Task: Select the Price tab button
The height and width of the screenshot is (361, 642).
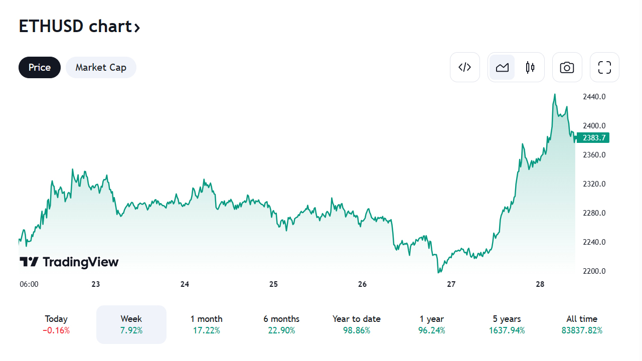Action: [x=40, y=67]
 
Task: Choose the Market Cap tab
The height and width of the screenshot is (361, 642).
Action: [x=101, y=67]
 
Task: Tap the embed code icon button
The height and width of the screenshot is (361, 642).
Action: [x=465, y=67]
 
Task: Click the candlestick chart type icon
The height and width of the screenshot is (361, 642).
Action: [x=530, y=67]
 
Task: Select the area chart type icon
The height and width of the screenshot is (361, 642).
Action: [x=502, y=67]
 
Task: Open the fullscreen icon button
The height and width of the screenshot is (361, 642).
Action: [x=604, y=67]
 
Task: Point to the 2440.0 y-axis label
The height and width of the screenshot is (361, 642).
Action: [x=594, y=96]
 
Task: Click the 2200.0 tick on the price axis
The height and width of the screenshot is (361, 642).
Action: [x=594, y=271]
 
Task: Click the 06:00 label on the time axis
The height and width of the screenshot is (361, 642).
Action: [x=29, y=284]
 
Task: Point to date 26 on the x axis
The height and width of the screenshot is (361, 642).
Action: [x=362, y=284]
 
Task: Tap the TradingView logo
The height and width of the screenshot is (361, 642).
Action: [x=69, y=262]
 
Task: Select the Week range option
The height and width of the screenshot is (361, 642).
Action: [x=131, y=324]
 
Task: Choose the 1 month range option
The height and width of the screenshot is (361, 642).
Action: [x=206, y=324]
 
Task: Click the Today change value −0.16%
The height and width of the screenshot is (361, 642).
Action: [x=56, y=330]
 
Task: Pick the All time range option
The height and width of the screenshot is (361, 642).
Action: [x=582, y=324]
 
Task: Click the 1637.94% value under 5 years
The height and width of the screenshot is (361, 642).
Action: [x=507, y=330]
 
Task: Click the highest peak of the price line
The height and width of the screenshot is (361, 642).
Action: [x=555, y=94]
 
